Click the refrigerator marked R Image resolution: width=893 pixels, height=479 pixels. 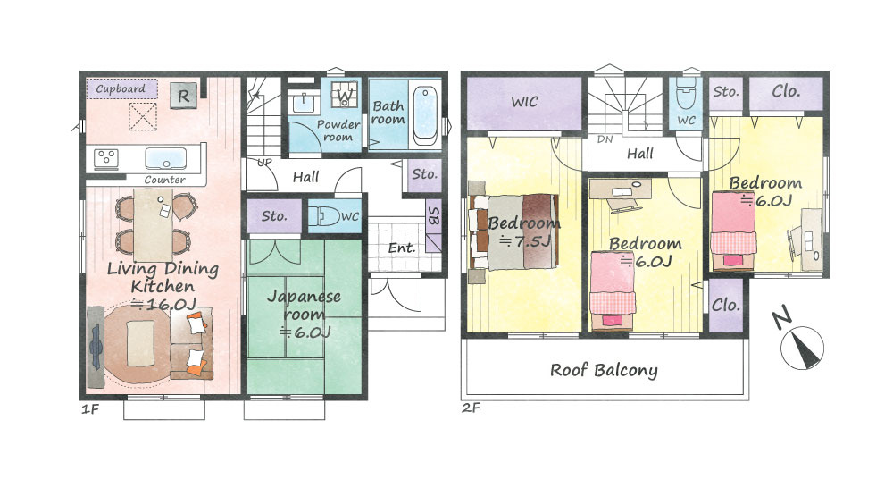coord(183,96)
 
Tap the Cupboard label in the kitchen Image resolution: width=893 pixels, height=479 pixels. coord(121,89)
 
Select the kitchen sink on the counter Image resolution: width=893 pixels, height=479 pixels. coord(165,158)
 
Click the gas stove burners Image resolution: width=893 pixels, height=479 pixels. coord(106,158)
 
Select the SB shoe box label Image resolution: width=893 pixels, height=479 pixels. coord(433,215)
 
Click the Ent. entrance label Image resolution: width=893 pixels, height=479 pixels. coord(402,248)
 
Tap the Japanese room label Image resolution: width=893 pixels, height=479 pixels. coord(305,305)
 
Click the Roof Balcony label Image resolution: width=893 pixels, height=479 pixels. coord(604,370)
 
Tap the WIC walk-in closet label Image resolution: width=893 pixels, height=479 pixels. coord(524,102)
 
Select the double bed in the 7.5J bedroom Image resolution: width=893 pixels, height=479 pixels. coord(513,231)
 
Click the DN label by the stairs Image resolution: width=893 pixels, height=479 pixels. coord(605,139)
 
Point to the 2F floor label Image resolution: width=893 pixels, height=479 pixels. coord(472,408)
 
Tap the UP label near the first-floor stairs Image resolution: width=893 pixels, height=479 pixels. coord(264,163)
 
